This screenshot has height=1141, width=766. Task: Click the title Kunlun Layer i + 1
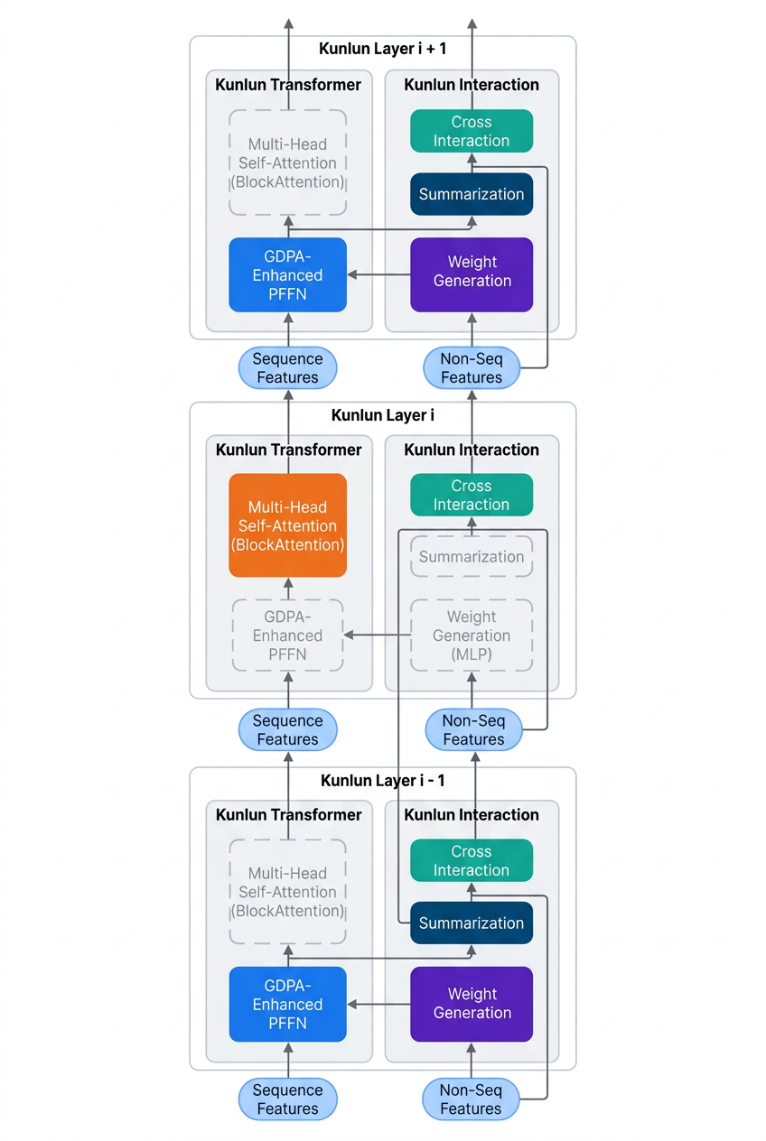tap(382, 49)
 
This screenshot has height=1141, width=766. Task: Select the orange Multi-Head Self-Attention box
tap(287, 525)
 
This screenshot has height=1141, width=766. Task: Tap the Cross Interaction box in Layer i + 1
tap(472, 131)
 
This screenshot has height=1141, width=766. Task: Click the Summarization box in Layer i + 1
tap(472, 194)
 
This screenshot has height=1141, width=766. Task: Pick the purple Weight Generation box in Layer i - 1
tap(472, 1004)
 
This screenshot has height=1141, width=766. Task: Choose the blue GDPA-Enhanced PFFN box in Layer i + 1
tap(287, 274)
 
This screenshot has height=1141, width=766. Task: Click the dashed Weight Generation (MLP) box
tap(472, 635)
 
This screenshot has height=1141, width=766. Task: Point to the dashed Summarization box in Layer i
tap(472, 556)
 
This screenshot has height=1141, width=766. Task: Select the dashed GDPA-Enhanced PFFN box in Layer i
tap(287, 635)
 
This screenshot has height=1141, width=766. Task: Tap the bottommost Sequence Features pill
tap(287, 1099)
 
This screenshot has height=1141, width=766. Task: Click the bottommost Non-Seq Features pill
tap(471, 1099)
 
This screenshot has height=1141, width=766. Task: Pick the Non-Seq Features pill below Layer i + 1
tap(472, 367)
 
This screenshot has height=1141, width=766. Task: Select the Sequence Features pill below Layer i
tap(287, 729)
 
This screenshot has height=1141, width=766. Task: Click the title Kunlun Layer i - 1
tap(383, 780)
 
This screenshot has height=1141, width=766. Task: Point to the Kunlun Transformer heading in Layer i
tap(288, 450)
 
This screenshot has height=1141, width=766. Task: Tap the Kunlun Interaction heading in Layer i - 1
tap(472, 814)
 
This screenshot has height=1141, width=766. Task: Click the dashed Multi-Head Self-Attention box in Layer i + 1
tap(287, 162)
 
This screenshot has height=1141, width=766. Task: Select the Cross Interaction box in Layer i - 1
tap(472, 860)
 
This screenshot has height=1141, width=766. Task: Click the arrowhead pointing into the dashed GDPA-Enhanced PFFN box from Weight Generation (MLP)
tap(349, 635)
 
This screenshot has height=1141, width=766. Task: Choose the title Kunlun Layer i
tap(383, 415)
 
